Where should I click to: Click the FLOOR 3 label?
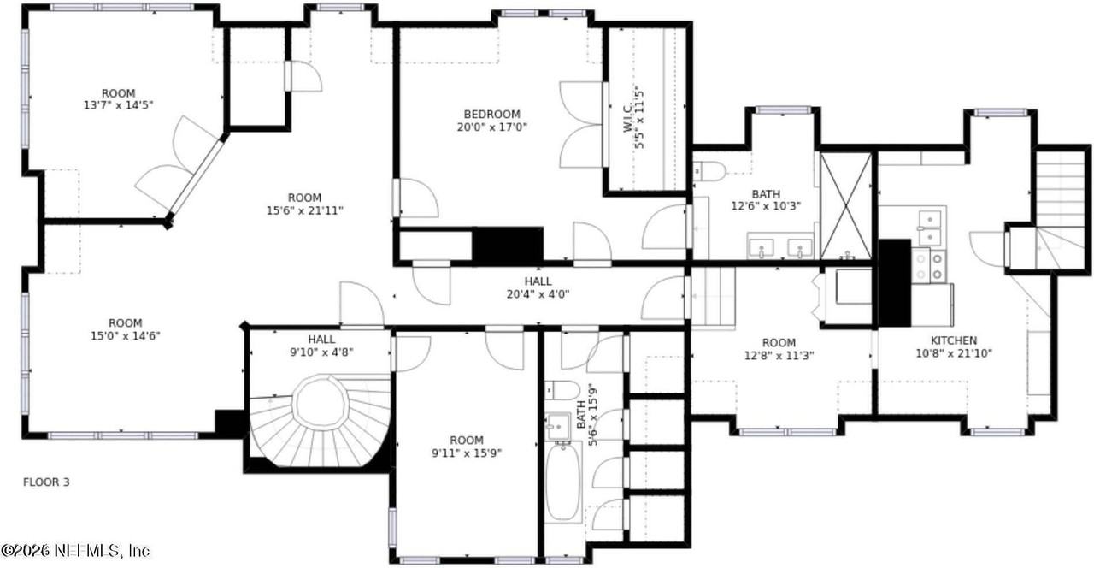(46, 482)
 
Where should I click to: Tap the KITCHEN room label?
(953, 340)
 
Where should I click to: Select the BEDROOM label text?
(491, 115)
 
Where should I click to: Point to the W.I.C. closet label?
(627, 117)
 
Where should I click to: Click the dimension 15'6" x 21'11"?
(305, 210)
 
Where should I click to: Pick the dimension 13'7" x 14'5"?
(118, 105)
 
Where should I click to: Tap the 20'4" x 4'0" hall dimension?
(538, 294)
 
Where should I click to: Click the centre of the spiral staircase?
(321, 404)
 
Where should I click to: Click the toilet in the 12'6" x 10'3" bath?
(709, 171)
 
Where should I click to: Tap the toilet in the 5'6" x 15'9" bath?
(562, 390)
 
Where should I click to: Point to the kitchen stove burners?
(929, 266)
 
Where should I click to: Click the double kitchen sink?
(930, 228)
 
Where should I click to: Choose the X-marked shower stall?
(845, 206)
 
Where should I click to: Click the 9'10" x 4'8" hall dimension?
(321, 352)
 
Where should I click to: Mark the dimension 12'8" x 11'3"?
(779, 355)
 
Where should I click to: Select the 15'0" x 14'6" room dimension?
(126, 336)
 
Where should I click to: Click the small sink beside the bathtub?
(558, 426)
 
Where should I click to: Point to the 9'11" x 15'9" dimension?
(467, 453)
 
